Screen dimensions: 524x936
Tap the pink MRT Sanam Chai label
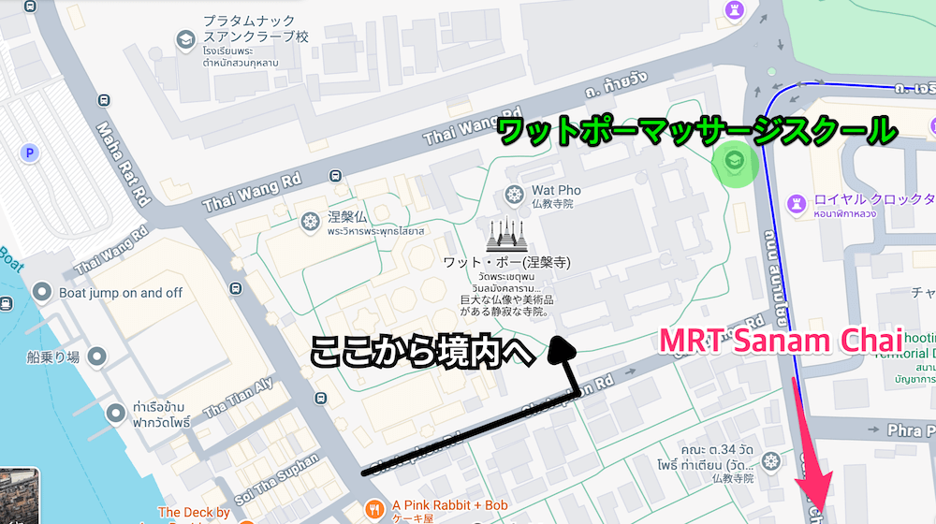pyautogui.click(x=781, y=339)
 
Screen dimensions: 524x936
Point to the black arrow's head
pyautogui.click(x=562, y=348)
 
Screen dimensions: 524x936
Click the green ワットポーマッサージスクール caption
pyautogui.click(x=696, y=130)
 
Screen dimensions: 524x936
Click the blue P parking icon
pyautogui.click(x=32, y=152)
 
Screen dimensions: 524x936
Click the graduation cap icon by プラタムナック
pyautogui.click(x=185, y=38)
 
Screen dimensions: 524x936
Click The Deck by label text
pyautogui.click(x=194, y=513)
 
